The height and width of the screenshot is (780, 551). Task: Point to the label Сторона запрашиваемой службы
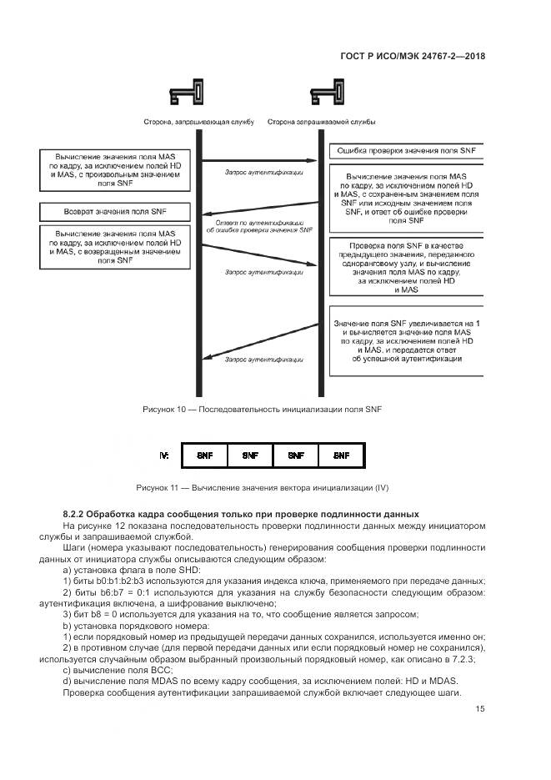pos(321,122)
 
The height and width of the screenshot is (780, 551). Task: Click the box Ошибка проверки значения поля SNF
pos(404,151)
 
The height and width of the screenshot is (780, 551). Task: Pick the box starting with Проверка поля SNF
pos(404,266)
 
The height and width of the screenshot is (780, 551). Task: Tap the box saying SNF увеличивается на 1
pos(404,341)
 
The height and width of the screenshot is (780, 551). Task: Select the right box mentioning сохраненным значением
pos(404,200)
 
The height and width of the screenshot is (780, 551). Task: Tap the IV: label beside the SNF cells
pos(165,456)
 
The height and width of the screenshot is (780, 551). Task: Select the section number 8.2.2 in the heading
pos(76,512)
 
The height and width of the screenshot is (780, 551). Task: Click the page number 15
pos(480,709)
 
